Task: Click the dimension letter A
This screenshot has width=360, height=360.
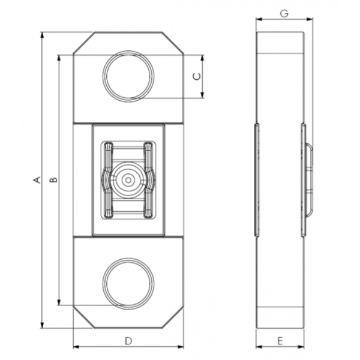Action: pyautogui.click(x=37, y=179)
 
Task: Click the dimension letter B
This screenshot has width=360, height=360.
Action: pyautogui.click(x=53, y=179)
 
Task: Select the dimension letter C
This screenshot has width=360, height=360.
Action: pyautogui.click(x=196, y=76)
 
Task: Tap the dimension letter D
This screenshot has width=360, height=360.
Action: pyautogui.click(x=128, y=341)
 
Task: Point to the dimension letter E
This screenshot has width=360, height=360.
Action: pyautogui.click(x=280, y=341)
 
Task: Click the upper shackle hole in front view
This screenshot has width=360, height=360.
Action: pyautogui.click(x=128, y=76)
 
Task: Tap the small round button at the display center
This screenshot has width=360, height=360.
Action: pyautogui.click(x=128, y=179)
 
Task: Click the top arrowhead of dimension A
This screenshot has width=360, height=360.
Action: pyautogui.click(x=43, y=35)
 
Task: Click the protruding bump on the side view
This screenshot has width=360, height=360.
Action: pyautogui.click(x=310, y=179)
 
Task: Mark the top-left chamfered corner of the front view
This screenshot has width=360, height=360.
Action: pyautogui.click(x=83, y=44)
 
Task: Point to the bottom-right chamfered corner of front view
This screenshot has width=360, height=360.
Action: pyautogui.click(x=173, y=316)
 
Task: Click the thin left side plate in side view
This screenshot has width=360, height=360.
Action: pyautogui.click(x=256, y=179)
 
